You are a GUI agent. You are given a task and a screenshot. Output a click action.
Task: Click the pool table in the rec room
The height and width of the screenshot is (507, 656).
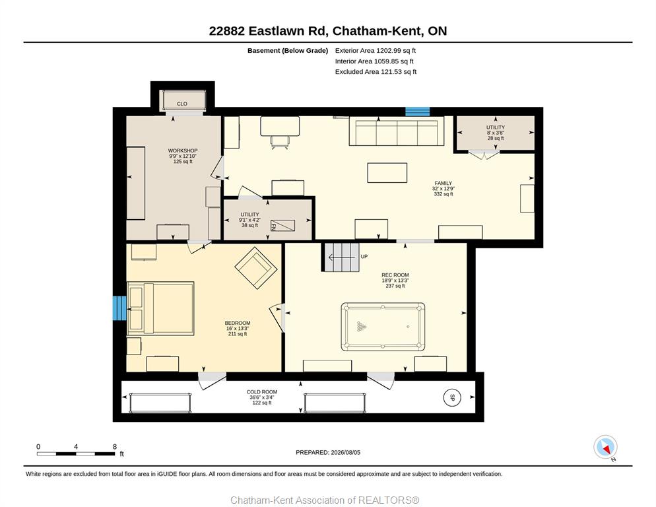click(383, 327)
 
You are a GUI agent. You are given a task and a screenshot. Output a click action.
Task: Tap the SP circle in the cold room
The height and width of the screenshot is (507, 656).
click(452, 397)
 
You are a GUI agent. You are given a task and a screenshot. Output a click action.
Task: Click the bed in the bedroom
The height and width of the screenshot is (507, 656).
click(160, 308)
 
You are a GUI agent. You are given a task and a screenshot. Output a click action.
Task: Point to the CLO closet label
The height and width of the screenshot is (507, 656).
click(182, 104)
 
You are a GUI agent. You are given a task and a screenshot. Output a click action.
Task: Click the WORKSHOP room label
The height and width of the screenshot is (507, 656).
click(183, 151)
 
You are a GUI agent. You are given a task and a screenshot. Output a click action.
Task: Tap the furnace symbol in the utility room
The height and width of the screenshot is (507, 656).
click(282, 226)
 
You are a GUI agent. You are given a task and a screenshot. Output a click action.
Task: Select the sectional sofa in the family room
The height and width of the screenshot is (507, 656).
click(397, 131)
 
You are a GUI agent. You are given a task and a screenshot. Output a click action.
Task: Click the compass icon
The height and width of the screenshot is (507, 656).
click(605, 447)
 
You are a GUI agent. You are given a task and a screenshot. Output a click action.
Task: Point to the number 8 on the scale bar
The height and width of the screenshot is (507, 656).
click(115, 447)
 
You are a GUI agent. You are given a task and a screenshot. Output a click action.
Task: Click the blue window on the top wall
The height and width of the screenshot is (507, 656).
click(417, 112)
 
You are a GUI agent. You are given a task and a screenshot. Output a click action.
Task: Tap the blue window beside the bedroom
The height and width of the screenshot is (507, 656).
click(119, 308)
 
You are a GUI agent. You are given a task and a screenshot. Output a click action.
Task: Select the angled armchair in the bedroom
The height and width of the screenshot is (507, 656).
click(256, 268)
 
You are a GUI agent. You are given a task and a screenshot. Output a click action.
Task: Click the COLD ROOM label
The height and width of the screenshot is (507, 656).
click(262, 392)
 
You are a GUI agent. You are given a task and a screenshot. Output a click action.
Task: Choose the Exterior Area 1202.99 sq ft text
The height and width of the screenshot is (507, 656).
click(376, 51)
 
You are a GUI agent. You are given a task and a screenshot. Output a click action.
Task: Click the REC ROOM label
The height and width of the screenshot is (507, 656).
click(395, 275)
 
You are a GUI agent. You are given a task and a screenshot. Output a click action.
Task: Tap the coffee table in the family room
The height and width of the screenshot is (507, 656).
click(387, 173)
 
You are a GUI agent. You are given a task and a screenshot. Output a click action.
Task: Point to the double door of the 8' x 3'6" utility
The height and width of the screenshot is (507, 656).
click(484, 154)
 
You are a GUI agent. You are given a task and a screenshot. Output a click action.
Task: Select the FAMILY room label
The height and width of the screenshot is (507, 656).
click(443, 183)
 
